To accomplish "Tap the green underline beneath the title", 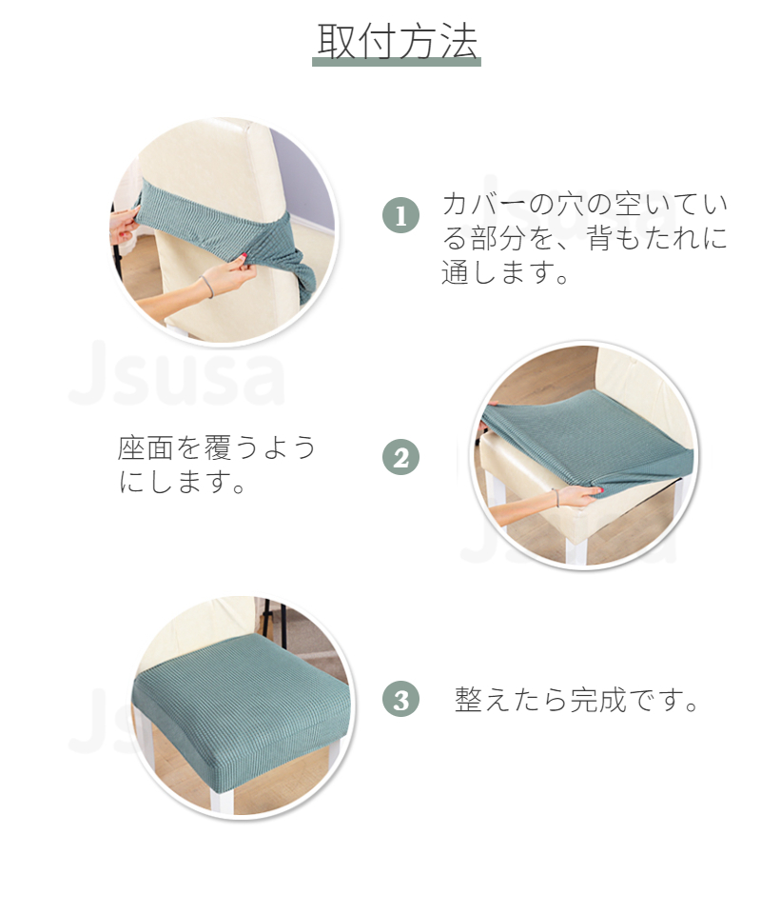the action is pyautogui.click(x=397, y=63).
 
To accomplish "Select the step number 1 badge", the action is pyautogui.click(x=400, y=215).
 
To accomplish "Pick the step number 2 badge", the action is pyautogui.click(x=400, y=457).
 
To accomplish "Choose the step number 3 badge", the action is pyautogui.click(x=400, y=699).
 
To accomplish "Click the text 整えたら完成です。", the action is pyautogui.click(x=576, y=700).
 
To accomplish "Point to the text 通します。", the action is pyautogui.click(x=505, y=272).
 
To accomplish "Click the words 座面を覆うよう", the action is pyautogui.click(x=217, y=447).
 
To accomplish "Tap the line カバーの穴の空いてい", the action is pyautogui.click(x=585, y=204).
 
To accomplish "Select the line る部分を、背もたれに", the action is pyautogui.click(x=585, y=238).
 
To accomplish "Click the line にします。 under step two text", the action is pyautogui.click(x=182, y=482).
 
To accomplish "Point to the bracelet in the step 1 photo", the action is pyautogui.click(x=207, y=287).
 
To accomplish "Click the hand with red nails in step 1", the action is pyautogui.click(x=124, y=228).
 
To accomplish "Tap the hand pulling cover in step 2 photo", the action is pyautogui.click(x=576, y=497).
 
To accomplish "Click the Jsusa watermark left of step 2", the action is pyautogui.click(x=176, y=373).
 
